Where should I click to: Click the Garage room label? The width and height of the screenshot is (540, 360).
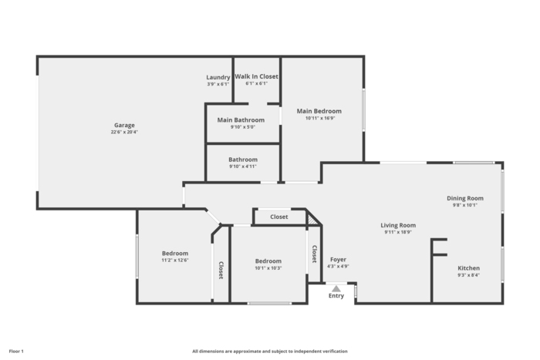(124, 126)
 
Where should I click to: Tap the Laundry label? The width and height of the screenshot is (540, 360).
(218, 77)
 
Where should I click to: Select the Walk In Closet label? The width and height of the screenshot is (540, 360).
(257, 76)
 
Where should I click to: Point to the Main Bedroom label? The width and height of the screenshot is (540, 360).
(319, 111)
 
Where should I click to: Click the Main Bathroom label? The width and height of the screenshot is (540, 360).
(241, 120)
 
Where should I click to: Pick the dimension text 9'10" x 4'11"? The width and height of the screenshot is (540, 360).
(243, 167)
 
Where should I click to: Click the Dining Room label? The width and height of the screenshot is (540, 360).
(465, 198)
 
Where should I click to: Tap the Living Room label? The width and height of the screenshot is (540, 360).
(398, 225)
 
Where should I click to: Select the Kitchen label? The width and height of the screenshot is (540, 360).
(468, 268)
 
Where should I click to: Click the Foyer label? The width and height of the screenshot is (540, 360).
(338, 260)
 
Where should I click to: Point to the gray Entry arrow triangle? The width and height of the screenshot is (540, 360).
(336, 289)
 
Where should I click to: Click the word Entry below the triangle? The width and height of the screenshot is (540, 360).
(336, 296)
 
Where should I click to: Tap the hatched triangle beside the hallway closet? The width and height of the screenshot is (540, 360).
(312, 218)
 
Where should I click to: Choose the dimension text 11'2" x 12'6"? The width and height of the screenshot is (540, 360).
(175, 261)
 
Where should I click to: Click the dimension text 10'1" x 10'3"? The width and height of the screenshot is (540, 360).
(268, 268)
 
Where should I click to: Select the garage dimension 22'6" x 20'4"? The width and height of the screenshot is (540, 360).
(124, 132)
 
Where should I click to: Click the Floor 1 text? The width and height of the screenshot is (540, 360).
(16, 352)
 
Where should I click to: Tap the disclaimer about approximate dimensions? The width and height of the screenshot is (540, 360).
(270, 352)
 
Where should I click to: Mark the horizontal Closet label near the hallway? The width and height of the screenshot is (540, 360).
(279, 217)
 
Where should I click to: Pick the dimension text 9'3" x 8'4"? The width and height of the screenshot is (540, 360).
(468, 275)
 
